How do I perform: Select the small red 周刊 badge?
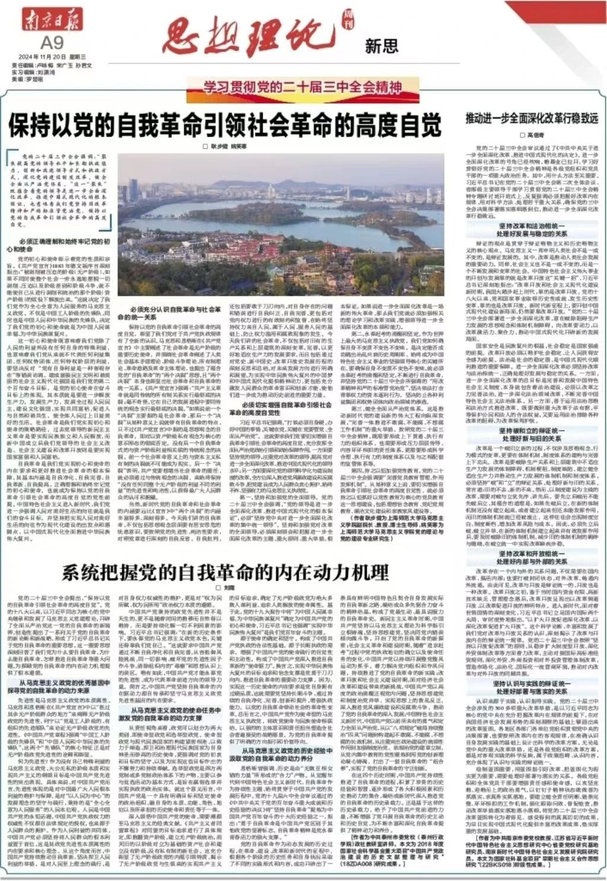pos(347,22)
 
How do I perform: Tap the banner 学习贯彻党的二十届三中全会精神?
pos(302,88)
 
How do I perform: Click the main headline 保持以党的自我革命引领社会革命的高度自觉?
pos(225,126)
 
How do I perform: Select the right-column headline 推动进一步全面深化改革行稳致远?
pos(532,118)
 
